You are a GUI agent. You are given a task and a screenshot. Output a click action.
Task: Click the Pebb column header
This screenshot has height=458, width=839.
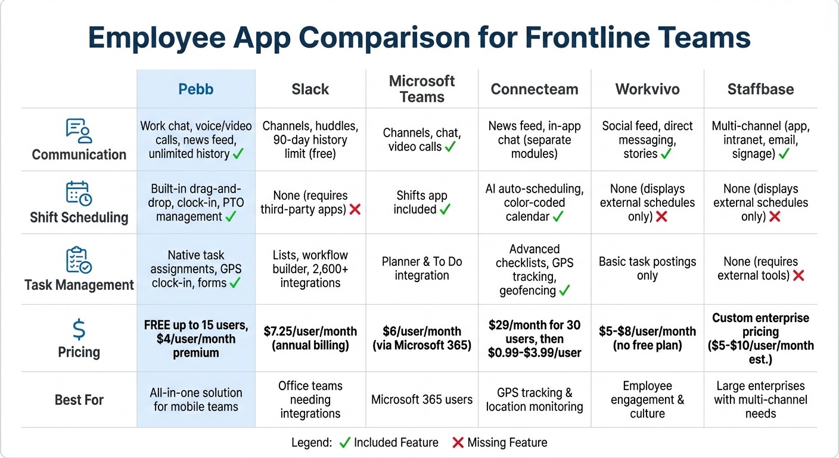tap(195, 89)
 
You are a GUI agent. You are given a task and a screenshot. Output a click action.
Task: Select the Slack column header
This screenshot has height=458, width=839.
tap(310, 89)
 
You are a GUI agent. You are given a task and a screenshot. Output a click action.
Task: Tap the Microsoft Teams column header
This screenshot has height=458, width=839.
tap(422, 89)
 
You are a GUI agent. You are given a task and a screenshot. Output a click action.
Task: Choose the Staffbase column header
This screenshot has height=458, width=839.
tap(760, 89)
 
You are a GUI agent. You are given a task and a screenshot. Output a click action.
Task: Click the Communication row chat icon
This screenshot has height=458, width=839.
tap(79, 131)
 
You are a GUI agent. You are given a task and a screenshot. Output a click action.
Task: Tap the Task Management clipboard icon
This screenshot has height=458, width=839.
tap(79, 261)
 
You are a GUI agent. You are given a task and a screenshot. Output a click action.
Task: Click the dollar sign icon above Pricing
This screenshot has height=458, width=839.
tap(79, 329)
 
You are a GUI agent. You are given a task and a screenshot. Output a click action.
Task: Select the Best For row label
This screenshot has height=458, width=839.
tap(79, 400)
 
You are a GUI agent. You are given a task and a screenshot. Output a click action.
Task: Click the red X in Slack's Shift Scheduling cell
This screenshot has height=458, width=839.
tap(356, 210)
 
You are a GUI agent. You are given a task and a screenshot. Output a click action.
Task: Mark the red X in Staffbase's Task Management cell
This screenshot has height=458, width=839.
tap(798, 276)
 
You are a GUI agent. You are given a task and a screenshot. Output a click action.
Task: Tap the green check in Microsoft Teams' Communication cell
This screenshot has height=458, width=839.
tap(450, 147)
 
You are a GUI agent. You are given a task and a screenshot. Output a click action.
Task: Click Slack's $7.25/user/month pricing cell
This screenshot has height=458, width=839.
tap(310, 338)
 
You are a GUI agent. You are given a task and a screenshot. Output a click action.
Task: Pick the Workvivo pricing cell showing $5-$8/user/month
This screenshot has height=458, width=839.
tap(647, 338)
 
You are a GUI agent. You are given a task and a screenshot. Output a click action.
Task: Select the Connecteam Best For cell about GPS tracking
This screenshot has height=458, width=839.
tap(535, 400)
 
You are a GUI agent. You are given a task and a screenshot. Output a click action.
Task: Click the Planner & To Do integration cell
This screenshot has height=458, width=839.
tap(422, 268)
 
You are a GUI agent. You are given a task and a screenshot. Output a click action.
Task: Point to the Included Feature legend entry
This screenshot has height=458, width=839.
tap(389, 442)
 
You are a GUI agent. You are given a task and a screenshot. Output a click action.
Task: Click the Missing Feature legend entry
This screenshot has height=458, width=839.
tap(499, 442)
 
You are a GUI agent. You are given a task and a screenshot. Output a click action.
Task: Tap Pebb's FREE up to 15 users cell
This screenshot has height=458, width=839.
tap(195, 339)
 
